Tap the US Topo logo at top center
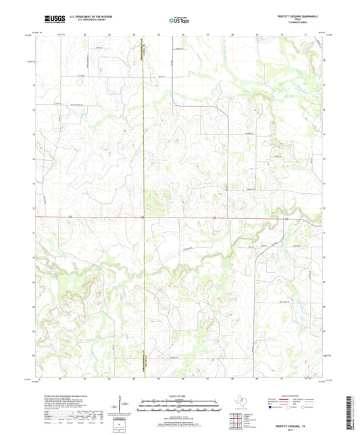[179, 20]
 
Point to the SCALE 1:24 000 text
[179, 395]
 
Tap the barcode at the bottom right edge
[353, 405]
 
